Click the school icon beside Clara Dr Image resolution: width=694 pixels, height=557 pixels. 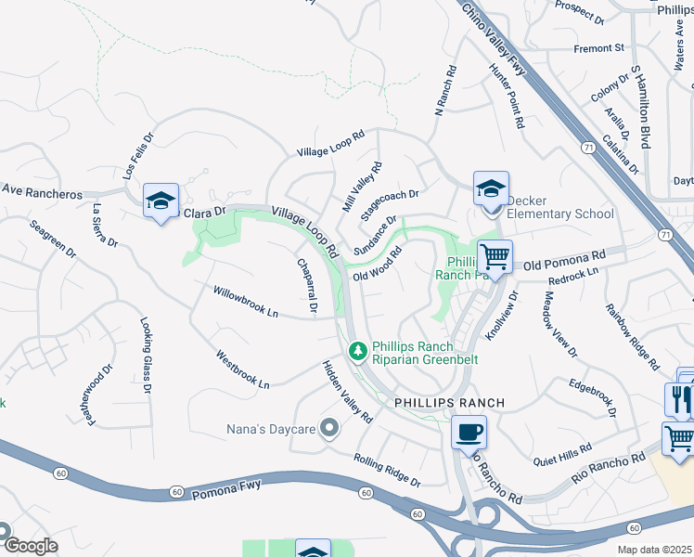(161, 200)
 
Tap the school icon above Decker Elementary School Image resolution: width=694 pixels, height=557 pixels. (491, 188)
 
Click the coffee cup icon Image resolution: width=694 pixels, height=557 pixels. (469, 432)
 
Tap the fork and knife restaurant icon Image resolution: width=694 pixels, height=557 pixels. (679, 400)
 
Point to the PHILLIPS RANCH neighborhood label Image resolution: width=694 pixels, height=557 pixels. (450, 403)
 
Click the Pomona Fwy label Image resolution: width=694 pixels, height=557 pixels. (228, 487)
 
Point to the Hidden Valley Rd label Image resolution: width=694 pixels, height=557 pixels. (347, 391)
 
